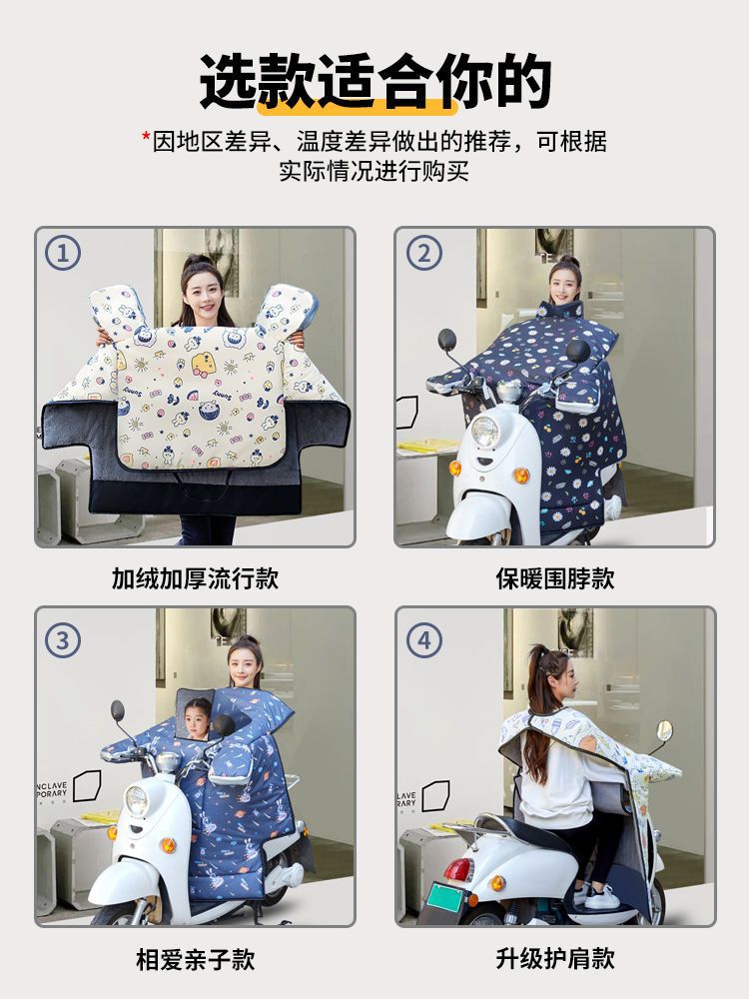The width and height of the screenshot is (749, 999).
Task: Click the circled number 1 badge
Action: [62, 253]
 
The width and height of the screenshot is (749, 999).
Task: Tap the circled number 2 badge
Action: [424, 253]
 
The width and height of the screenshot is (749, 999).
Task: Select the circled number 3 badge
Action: [62, 640]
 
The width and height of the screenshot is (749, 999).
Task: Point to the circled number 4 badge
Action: [424, 640]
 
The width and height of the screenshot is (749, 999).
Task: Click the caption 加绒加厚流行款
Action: [195, 578]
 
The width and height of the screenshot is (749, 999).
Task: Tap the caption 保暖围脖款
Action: [555, 578]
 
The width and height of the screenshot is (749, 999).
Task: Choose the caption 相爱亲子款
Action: [195, 959]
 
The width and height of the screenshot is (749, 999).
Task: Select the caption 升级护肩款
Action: [555, 958]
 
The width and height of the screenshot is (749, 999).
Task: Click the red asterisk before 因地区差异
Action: [146, 137]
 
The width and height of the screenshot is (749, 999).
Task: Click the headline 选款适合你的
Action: [375, 81]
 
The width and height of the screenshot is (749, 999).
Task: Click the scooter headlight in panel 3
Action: [136, 799]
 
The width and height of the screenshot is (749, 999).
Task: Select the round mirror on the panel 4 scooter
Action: [664, 731]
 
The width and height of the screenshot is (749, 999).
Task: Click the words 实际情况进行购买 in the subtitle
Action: [374, 171]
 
